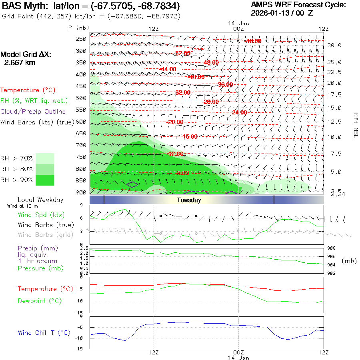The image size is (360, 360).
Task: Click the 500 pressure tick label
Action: click(81, 98)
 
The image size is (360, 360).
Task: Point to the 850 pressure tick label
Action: click(81, 180)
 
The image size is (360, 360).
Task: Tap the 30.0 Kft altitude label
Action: click(334, 46)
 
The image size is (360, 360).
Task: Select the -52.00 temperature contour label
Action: click(182, 53)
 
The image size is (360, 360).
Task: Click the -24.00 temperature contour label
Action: click(239, 112)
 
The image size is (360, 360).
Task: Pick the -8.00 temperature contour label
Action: click(182, 173)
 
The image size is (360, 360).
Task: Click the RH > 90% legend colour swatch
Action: click(45, 180)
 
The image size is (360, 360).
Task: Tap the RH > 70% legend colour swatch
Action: click(45, 158)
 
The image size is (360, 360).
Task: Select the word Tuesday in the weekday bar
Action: click(189, 200)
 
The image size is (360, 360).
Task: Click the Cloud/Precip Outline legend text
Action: click(33, 112)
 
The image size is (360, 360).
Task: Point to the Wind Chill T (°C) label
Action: click(44, 332)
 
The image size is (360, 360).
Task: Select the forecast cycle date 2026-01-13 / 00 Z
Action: click(282, 13)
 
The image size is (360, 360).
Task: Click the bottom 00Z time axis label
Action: click(238, 352)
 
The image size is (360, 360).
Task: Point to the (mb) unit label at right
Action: click(349, 261)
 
